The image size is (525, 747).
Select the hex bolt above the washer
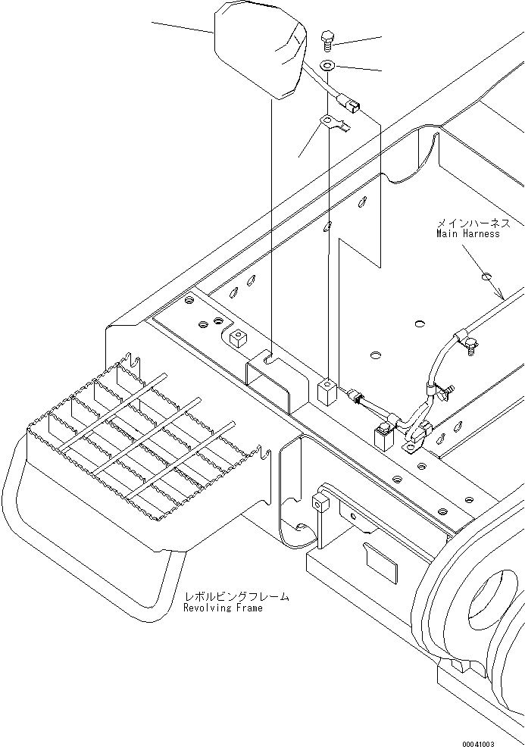click(327, 37)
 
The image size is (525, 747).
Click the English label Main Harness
click(467, 234)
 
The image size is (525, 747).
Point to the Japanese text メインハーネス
click(473, 223)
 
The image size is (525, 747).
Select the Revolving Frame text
click(223, 608)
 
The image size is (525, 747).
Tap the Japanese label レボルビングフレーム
click(236, 597)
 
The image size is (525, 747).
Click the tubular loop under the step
click(91, 561)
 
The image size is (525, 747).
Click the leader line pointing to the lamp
click(182, 28)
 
